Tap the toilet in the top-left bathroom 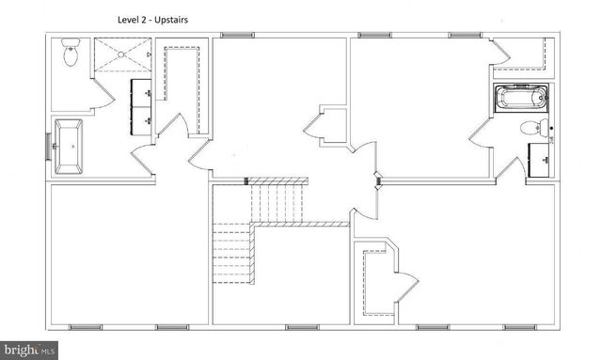click(x=71, y=55)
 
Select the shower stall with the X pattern click(x=120, y=55)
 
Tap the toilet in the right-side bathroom click(x=532, y=128)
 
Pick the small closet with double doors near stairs click(x=323, y=127)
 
